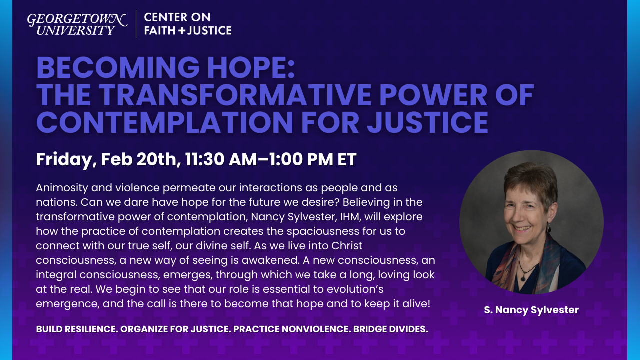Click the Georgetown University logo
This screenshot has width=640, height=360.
pos(77,24)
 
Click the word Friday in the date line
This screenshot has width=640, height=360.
pos(64,160)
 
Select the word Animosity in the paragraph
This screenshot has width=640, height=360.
pos(61,188)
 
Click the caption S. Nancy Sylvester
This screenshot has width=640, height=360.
pos(531,310)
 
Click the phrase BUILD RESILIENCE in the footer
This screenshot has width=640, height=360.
pos(77,329)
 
